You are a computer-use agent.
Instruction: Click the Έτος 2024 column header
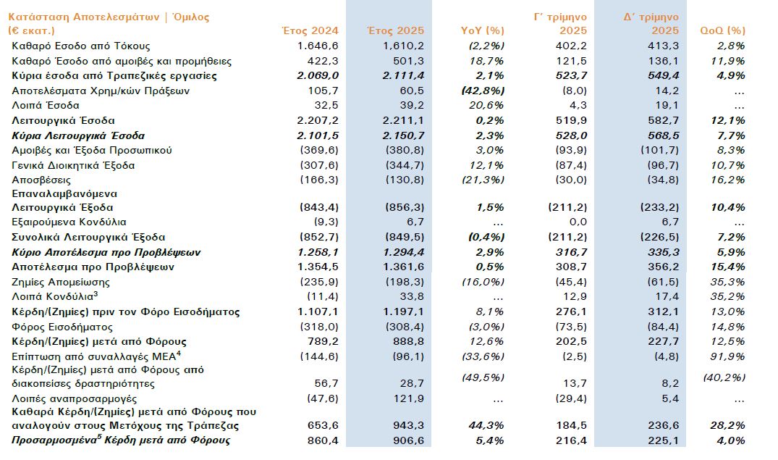pos(309,30)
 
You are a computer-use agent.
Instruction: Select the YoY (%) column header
pos(482,30)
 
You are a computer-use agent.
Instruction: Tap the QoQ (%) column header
pos(722,30)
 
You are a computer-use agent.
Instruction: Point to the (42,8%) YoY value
pos(482,91)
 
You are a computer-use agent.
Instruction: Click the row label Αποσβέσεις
pos(41,180)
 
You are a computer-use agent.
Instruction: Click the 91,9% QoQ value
pos(728,356)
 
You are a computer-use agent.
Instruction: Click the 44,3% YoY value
pos(487,425)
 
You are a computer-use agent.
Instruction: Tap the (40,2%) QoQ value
pos(724,377)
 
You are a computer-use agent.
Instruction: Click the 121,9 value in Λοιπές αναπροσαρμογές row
pos(408,399)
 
